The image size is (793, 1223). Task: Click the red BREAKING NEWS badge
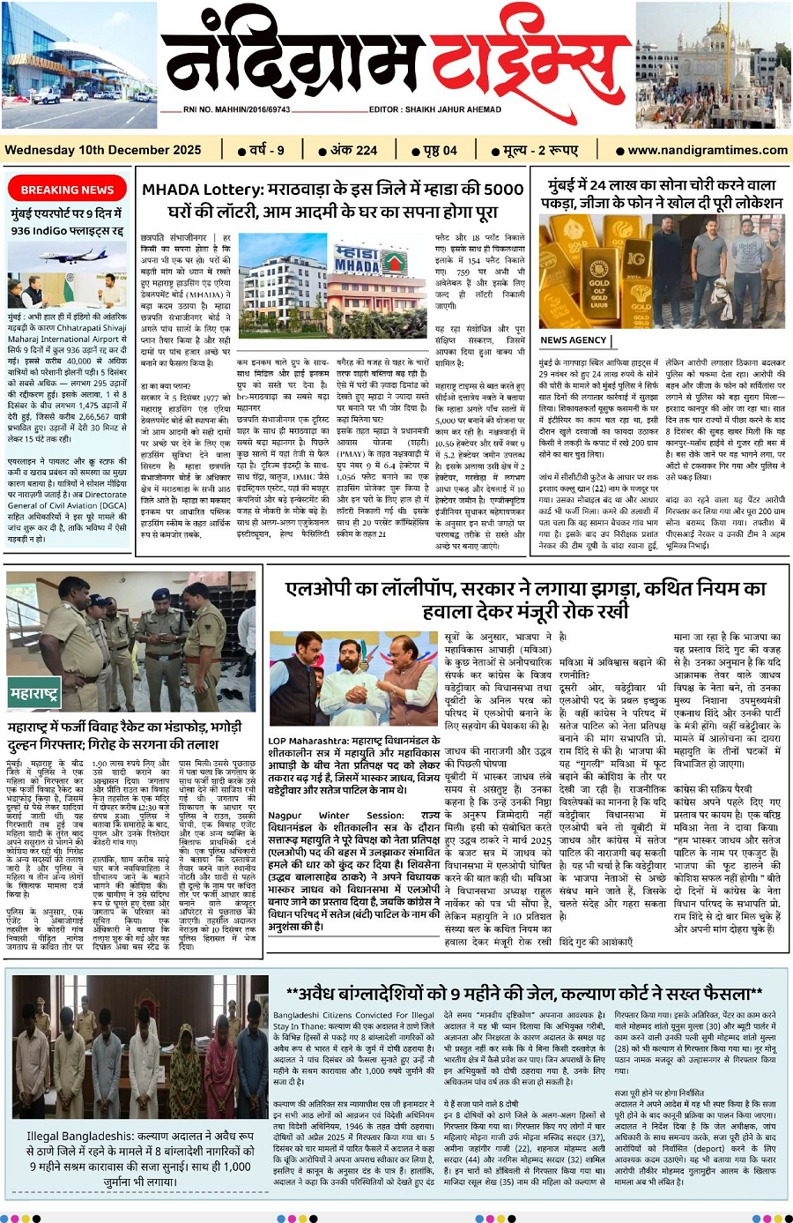pyautogui.click(x=67, y=190)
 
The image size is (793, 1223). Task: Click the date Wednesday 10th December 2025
pyautogui.click(x=103, y=150)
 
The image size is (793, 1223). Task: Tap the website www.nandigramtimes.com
pyautogui.click(x=708, y=150)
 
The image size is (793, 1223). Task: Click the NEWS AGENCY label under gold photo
pyautogui.click(x=574, y=339)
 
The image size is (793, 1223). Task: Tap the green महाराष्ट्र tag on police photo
pyautogui.click(x=34, y=694)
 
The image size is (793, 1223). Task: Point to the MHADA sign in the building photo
pyautogui.click(x=357, y=261)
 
